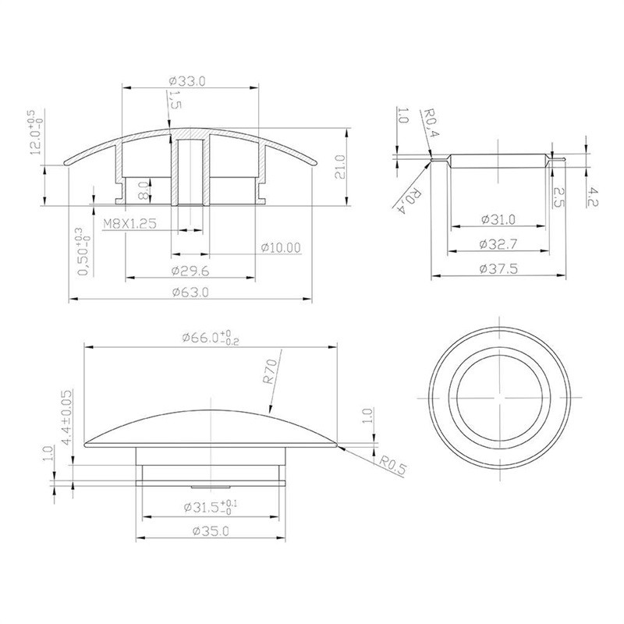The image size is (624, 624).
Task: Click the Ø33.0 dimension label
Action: (x=187, y=81)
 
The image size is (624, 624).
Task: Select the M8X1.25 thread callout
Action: (x=129, y=224)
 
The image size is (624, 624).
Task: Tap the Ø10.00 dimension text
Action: (x=281, y=247)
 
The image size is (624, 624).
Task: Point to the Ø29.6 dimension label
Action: (x=190, y=271)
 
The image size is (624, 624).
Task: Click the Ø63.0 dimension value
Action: (x=190, y=292)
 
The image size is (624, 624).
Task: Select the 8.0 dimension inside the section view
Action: (x=144, y=190)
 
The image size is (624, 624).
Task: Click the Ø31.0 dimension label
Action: (x=498, y=219)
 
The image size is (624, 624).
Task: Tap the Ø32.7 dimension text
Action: (x=498, y=244)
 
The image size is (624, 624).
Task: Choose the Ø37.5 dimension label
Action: (x=498, y=269)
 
